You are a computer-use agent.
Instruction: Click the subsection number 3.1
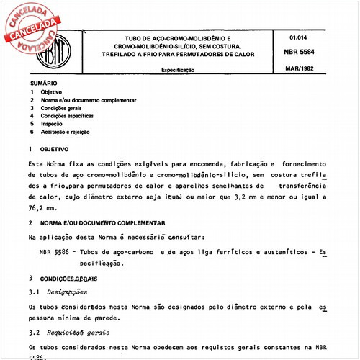click(34, 292)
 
